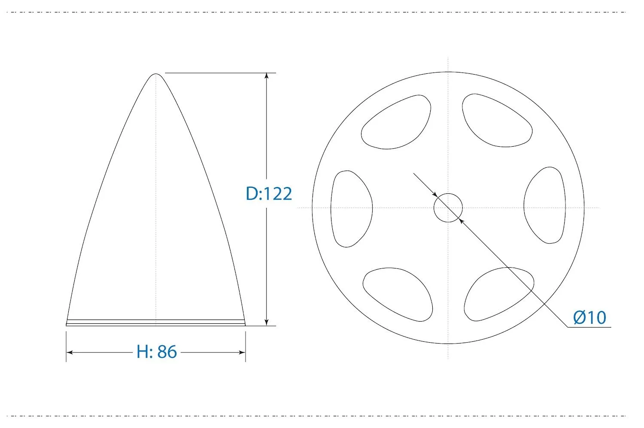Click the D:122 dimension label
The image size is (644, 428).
[269, 193]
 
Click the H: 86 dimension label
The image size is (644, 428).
[156, 352]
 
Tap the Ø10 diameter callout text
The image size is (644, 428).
[589, 317]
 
